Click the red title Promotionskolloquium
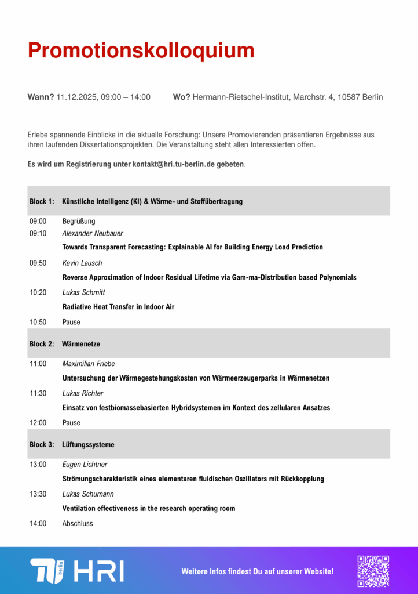point(141,50)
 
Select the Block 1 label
point(42,201)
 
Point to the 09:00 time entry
point(38,221)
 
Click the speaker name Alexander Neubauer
point(93,233)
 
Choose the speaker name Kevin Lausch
point(82,263)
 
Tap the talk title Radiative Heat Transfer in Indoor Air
point(118,306)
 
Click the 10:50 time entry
point(38,322)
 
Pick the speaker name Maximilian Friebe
point(89,364)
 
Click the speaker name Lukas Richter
point(83,393)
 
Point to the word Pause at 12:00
point(71,423)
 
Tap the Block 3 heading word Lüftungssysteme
point(88,444)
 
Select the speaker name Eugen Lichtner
point(85,464)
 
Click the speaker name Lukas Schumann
point(88,494)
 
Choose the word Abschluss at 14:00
point(78,523)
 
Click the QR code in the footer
point(373,571)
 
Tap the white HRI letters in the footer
point(99,571)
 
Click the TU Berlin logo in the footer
point(47,570)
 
